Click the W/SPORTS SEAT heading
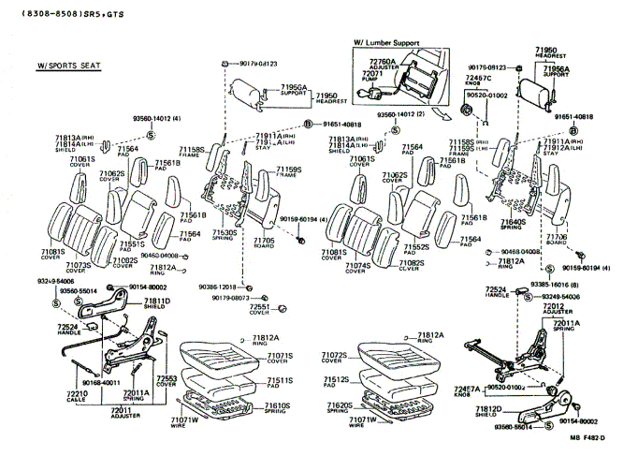(68, 67)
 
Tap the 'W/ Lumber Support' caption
(386, 43)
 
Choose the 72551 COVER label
(258, 309)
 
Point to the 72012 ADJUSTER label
(556, 308)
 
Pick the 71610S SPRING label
(277, 408)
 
